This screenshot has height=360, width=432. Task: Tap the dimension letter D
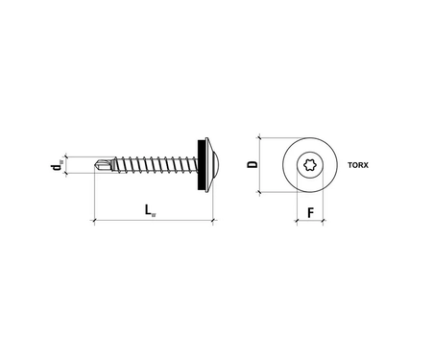252,164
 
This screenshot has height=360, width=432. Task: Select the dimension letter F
308,210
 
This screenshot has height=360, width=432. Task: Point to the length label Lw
152,209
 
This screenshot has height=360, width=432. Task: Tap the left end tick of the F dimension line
295,223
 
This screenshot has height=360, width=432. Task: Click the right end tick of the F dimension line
323,223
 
